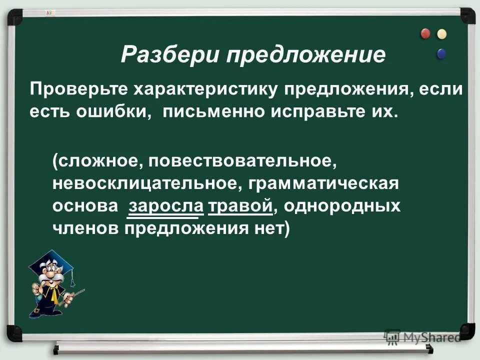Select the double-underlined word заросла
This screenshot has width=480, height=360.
click(165, 205)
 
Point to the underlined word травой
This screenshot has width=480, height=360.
click(240, 205)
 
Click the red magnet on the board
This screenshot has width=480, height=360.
click(425, 34)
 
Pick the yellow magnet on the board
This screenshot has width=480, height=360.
click(441, 34)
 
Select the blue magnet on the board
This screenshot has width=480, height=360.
click(441, 52)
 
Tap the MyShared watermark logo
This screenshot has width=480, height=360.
click(422, 336)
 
